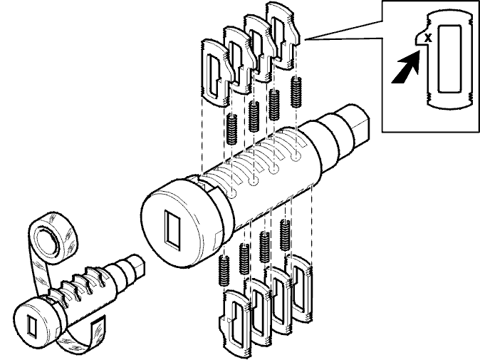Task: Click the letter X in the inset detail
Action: (428, 38)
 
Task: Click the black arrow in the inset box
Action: (406, 68)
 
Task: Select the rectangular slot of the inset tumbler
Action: (449, 58)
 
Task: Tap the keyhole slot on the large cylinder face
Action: (172, 228)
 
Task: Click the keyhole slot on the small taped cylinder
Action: (31, 325)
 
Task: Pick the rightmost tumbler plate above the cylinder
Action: (283, 34)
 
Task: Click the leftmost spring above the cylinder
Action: (231, 129)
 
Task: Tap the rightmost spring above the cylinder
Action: (296, 92)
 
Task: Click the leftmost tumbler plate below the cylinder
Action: (235, 323)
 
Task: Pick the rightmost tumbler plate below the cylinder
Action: (299, 288)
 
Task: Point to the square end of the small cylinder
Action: (137, 269)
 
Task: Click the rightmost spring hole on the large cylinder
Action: (295, 158)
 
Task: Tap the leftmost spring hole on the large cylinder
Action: (231, 194)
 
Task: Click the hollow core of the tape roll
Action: (47, 240)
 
